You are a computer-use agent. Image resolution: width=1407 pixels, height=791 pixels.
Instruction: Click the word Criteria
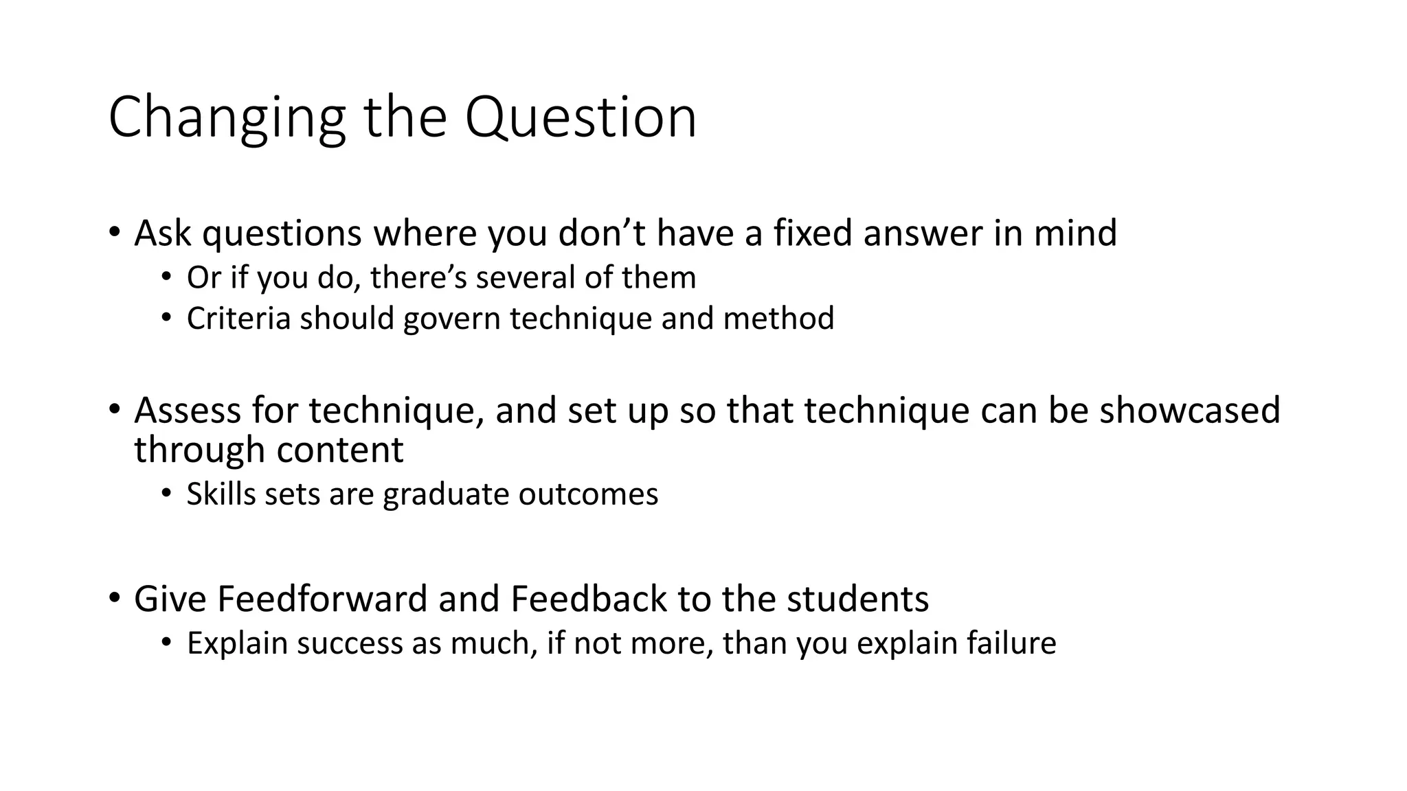tap(238, 319)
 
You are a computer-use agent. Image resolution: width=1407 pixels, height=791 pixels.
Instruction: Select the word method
tap(778, 319)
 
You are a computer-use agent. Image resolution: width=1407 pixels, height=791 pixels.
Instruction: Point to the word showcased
tap(1190, 410)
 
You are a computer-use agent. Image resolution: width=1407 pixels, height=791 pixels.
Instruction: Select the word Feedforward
tap(322, 599)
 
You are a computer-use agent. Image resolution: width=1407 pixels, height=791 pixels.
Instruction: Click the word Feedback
tap(588, 599)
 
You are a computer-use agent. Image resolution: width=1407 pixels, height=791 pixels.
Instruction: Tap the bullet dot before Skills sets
tap(166, 494)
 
